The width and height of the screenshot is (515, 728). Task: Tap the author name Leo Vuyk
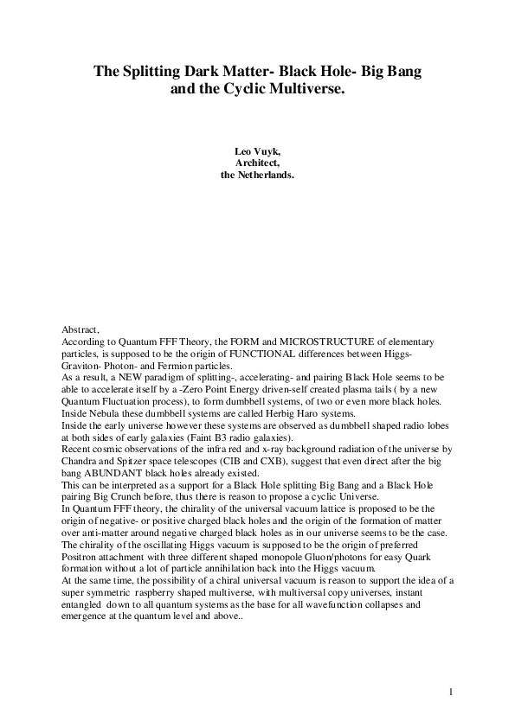click(x=258, y=150)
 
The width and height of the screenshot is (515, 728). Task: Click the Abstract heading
click(x=81, y=330)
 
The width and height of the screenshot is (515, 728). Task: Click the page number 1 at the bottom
click(x=451, y=692)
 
